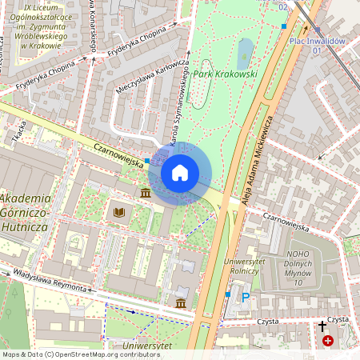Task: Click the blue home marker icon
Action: point(180,173)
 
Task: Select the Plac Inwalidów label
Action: point(316,40)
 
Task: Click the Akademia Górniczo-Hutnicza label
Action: point(25,212)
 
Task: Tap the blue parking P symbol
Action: point(246,297)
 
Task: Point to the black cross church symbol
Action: point(322,326)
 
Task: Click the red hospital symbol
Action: point(328,341)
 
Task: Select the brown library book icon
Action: point(119,212)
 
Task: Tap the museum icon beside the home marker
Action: point(146,194)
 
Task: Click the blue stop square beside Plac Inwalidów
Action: point(284,26)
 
